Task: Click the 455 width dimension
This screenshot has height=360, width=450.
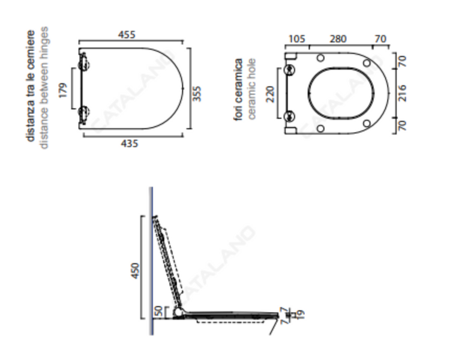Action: tap(127, 35)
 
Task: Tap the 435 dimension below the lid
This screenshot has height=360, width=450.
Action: tap(130, 143)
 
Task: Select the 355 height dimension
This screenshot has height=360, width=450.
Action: tap(197, 94)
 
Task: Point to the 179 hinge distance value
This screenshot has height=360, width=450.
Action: tap(63, 90)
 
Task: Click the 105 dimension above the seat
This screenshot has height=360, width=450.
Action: tap(297, 39)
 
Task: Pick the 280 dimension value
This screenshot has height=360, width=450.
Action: tap(338, 39)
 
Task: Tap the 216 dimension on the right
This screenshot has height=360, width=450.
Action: tap(403, 93)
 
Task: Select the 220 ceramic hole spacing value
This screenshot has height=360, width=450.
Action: tap(271, 94)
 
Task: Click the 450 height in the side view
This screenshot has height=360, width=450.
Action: tap(135, 271)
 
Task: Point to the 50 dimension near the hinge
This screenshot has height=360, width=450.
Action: tap(158, 311)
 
